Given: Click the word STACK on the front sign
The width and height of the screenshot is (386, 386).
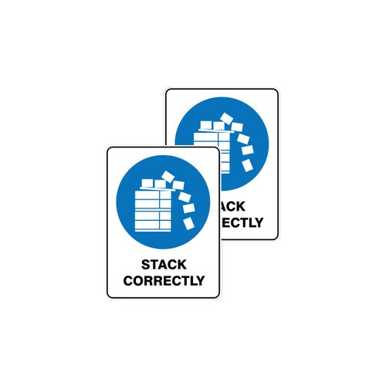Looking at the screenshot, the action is pyautogui.click(x=164, y=265).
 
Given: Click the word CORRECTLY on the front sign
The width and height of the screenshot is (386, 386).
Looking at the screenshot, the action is pyautogui.click(x=164, y=280).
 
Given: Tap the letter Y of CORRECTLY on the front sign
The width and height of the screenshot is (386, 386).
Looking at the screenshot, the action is pyautogui.click(x=199, y=280).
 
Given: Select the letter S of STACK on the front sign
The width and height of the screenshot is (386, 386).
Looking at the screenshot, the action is pyautogui.click(x=146, y=265).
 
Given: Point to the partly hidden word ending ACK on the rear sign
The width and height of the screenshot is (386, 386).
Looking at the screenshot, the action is pyautogui.click(x=232, y=206).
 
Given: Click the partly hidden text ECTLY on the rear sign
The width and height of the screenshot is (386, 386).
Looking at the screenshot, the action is pyautogui.click(x=242, y=222).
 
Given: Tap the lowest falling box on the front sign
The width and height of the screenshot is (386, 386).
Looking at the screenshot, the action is pyautogui.click(x=188, y=223).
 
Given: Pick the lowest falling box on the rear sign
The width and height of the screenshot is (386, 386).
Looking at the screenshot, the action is pyautogui.click(x=247, y=165).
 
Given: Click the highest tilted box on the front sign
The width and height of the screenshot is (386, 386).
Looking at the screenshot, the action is pyautogui.click(x=168, y=177).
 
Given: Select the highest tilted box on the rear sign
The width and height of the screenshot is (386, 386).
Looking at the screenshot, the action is pyautogui.click(x=226, y=118).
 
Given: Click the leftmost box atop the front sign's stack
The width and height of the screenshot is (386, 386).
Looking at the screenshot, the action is pyautogui.click(x=147, y=183).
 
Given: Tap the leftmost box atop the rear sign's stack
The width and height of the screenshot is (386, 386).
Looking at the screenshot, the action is pyautogui.click(x=206, y=125).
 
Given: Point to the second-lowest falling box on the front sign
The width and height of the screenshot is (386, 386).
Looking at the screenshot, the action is pyautogui.click(x=188, y=208).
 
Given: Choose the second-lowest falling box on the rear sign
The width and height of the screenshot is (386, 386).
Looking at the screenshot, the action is pyautogui.click(x=247, y=150).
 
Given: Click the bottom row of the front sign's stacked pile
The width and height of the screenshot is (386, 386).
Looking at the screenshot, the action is pyautogui.click(x=153, y=225).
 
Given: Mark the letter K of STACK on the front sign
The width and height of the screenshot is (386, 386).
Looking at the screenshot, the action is pyautogui.click(x=181, y=265).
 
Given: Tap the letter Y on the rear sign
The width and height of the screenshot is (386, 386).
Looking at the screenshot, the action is pyautogui.click(x=258, y=222).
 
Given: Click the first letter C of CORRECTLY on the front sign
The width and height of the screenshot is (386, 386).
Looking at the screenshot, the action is pyautogui.click(x=128, y=280).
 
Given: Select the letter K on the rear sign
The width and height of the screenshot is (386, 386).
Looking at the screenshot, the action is pyautogui.click(x=240, y=206).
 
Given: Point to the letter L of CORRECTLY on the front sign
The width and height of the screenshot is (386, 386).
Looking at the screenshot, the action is pyautogui.click(x=191, y=280).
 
